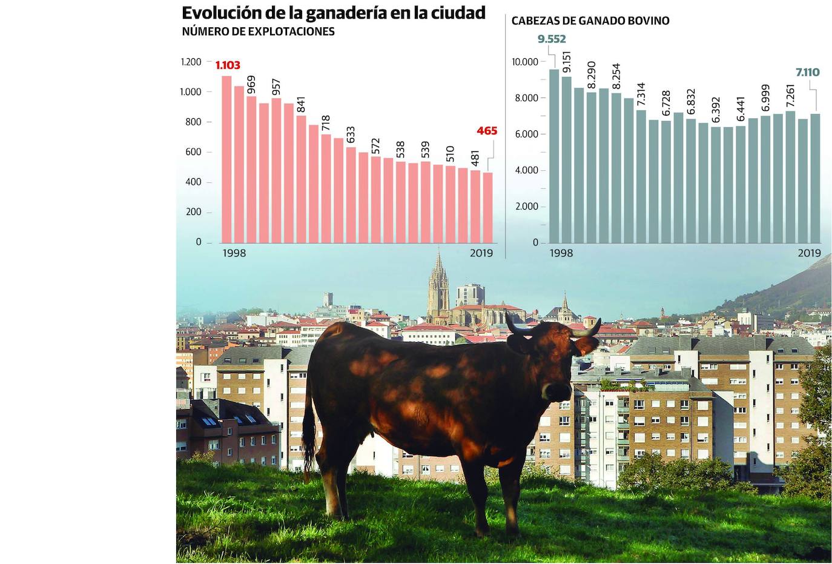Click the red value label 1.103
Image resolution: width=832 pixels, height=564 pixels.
pyautogui.click(x=228, y=65)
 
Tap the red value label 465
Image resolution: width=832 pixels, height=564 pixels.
pyautogui.click(x=486, y=131)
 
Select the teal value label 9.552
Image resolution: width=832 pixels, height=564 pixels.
pyautogui.click(x=551, y=39)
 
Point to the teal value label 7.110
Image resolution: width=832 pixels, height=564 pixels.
pyautogui.click(x=807, y=73)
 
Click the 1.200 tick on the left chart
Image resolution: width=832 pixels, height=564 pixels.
pyautogui.click(x=191, y=62)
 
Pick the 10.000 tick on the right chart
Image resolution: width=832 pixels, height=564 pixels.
pyautogui.click(x=524, y=62)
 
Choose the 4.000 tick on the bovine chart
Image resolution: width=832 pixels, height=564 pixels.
pyautogui.click(x=526, y=170)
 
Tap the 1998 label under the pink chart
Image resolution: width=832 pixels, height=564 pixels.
pyautogui.click(x=234, y=253)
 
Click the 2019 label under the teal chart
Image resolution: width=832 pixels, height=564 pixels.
pyautogui.click(x=808, y=253)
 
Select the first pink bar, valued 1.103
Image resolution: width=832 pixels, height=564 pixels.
pyautogui.click(x=226, y=159)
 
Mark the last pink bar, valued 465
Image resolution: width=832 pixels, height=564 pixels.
pyautogui.click(x=487, y=207)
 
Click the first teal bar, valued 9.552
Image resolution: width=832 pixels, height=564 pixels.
pyautogui.click(x=554, y=156)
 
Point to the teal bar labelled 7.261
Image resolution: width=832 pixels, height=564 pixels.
pyautogui.click(x=790, y=176)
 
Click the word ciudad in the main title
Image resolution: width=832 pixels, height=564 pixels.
pyautogui.click(x=458, y=13)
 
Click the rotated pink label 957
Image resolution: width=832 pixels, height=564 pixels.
pyautogui.click(x=276, y=87)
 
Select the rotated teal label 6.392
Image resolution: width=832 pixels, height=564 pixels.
pyautogui.click(x=716, y=110)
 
